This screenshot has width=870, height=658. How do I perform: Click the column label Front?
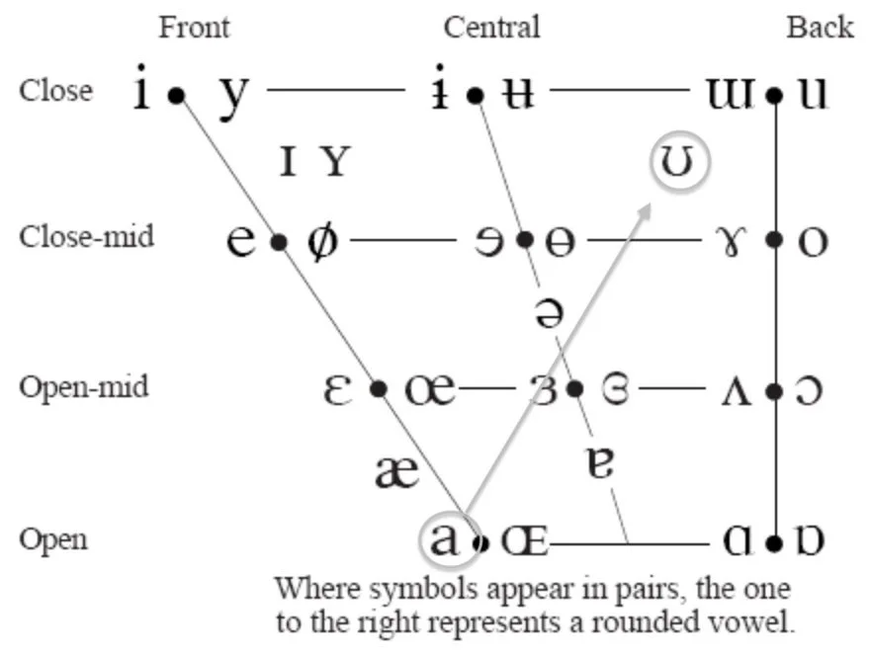(194, 27)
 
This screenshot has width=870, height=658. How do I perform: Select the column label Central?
(491, 27)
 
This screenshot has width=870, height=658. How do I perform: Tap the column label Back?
(820, 27)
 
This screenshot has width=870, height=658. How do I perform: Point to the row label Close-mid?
(87, 237)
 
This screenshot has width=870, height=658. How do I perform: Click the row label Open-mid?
(84, 386)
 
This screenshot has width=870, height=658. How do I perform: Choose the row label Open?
(52, 539)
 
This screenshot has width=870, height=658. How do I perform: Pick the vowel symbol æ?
(397, 471)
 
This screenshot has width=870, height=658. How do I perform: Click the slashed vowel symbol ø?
(321, 240)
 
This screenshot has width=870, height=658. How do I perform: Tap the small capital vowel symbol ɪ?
(288, 160)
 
